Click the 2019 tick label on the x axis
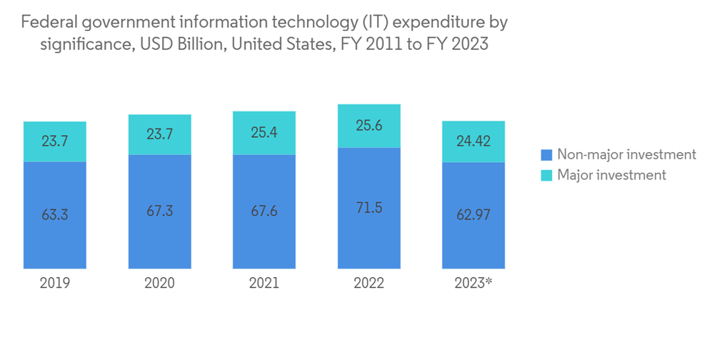[x=55, y=283]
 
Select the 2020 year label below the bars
[x=159, y=283]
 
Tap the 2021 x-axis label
[x=264, y=283]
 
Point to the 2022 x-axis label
[x=368, y=283]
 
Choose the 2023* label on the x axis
[x=473, y=283]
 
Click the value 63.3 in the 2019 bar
[x=55, y=214]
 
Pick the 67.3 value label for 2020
[x=159, y=211]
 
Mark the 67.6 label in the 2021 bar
[x=264, y=211]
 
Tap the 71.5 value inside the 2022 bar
[x=368, y=208]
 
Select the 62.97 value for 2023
[x=473, y=214]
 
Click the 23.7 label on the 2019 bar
[x=55, y=141]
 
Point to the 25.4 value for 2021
[x=264, y=131]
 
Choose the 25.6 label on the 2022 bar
[x=368, y=126]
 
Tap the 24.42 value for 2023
[x=473, y=141]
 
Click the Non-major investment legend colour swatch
[x=546, y=154]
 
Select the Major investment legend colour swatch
[x=546, y=175]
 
